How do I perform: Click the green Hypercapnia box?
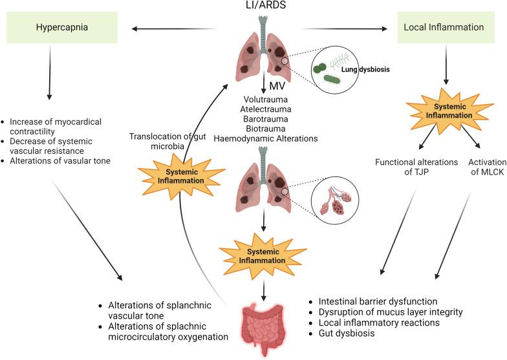pos(62,27)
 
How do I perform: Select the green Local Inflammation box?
pos(446,27)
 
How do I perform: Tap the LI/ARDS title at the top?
pos(266,5)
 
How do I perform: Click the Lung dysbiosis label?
pos(365,69)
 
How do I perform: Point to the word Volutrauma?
pos(265,100)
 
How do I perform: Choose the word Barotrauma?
pos(265,119)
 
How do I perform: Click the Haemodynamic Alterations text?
pos(265,138)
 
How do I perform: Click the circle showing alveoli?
pos(335,200)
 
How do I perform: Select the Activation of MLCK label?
pos(488,167)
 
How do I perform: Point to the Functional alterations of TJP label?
pos(416,167)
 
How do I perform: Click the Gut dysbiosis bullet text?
pos(347,334)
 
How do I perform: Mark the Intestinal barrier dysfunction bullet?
pos(378,301)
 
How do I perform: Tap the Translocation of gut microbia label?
pos(167,141)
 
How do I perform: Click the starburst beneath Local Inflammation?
pos(449,111)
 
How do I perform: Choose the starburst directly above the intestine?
pos(263,256)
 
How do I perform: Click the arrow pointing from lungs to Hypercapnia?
pos(174,28)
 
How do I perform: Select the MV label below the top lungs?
pos(277,87)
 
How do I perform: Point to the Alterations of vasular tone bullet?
pos(59,160)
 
